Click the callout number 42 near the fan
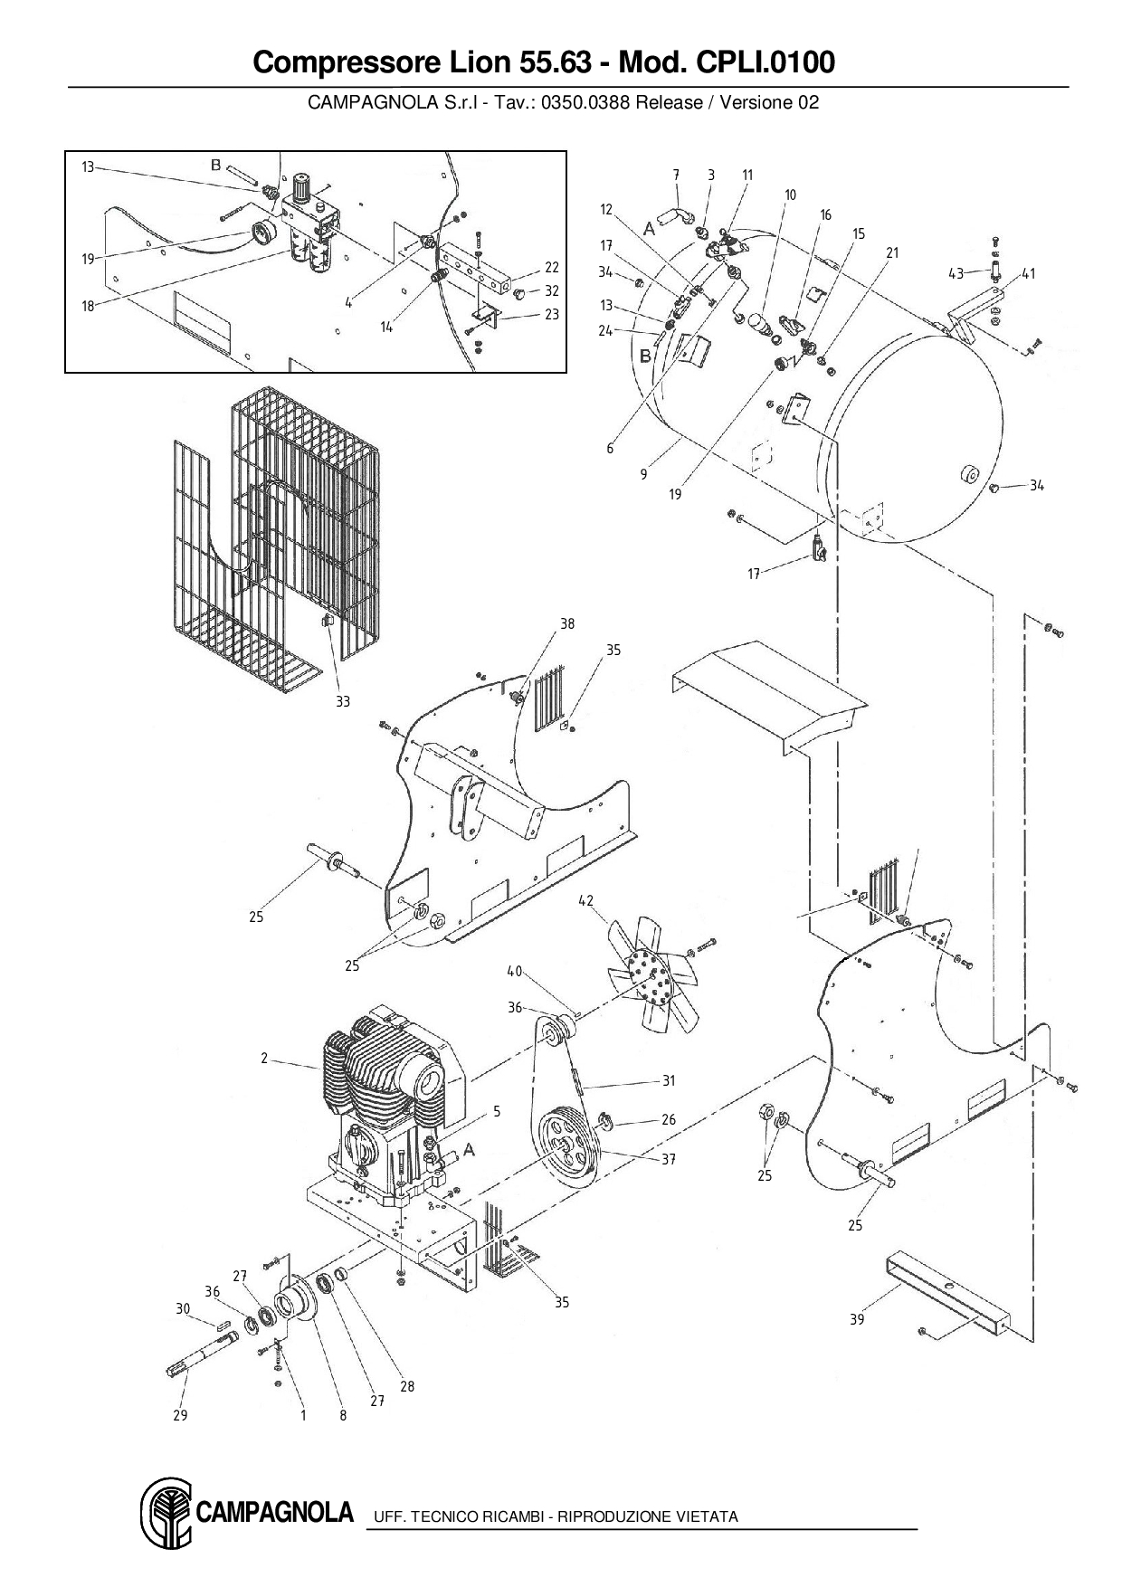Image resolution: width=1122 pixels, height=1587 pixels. coord(587,900)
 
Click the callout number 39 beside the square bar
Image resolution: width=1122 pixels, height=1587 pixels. coord(857,1319)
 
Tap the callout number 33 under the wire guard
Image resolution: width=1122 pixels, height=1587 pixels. coord(343,701)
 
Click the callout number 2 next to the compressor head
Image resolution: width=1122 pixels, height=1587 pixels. coord(264,1058)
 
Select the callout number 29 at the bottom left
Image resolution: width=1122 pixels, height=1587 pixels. coord(180,1415)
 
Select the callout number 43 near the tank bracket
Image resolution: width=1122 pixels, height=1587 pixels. coord(956,272)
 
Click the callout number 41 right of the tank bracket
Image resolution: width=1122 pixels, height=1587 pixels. coord(1028,272)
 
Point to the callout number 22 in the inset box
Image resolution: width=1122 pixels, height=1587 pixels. coord(552,267)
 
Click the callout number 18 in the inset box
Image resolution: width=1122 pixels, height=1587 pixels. coord(88,306)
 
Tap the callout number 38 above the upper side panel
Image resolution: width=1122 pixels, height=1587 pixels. coord(567,623)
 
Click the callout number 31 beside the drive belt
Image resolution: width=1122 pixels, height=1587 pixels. coord(669,1080)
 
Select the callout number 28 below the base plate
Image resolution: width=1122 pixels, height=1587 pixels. coord(407,1385)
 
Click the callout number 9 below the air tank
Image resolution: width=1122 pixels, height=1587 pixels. coord(643,473)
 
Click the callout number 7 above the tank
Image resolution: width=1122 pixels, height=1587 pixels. coord(676,175)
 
